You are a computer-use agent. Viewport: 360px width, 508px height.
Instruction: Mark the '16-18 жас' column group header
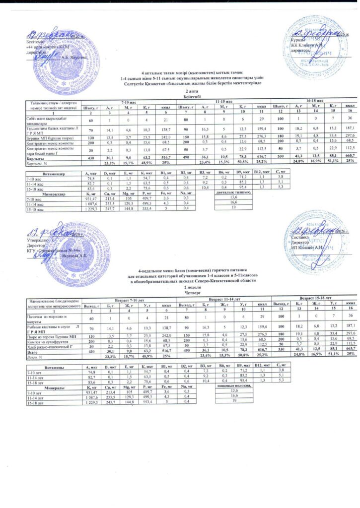coord(314,101)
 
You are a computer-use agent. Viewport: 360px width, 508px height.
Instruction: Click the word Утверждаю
coord(35,240)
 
